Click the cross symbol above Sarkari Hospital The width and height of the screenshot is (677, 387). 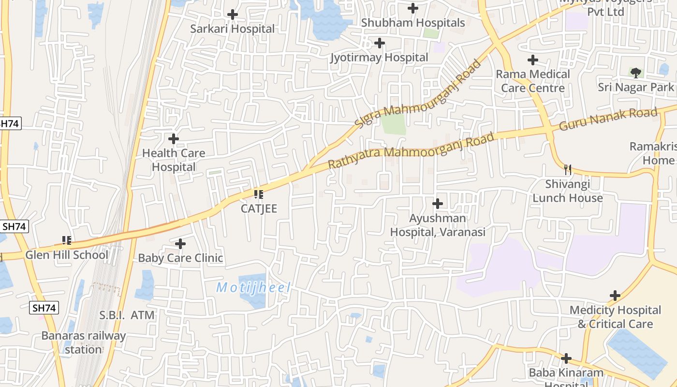click(x=233, y=15)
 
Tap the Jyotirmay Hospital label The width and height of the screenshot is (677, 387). click(x=379, y=58)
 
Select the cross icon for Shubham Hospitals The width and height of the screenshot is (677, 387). click(x=413, y=8)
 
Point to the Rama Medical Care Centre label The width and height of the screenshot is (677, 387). click(x=533, y=81)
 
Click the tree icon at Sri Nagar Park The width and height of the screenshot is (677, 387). click(x=636, y=73)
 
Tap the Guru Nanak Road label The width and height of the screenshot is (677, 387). click(x=608, y=119)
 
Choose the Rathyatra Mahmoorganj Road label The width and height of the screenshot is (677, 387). click(x=411, y=150)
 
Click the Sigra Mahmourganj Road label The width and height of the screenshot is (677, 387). click(x=419, y=94)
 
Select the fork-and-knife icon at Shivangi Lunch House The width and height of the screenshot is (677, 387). click(x=568, y=169)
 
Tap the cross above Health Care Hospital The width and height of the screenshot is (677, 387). click(x=174, y=139)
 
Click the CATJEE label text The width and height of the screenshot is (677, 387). click(x=259, y=208)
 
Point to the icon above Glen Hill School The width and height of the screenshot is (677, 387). click(x=67, y=240)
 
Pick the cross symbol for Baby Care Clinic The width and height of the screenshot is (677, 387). click(x=180, y=244)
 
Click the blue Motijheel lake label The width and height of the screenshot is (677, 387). click(x=253, y=288)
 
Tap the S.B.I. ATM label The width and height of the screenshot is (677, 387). click(x=127, y=315)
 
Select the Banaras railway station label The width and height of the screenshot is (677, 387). click(x=84, y=342)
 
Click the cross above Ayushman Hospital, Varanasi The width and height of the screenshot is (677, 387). click(x=438, y=204)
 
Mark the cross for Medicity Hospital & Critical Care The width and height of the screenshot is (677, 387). click(x=615, y=296)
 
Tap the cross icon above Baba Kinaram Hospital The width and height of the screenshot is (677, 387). click(x=566, y=359)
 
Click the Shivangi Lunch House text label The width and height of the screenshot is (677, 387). click(x=568, y=191)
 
